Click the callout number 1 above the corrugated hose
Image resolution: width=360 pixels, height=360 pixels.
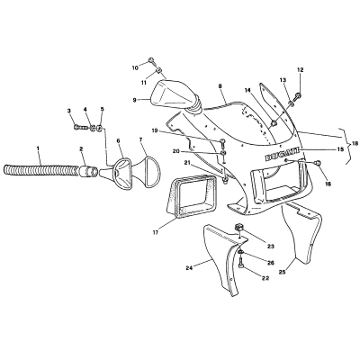[x=38, y=148]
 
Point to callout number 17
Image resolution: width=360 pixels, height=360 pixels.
[x=157, y=232]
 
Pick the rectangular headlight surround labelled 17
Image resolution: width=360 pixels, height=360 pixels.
[x=191, y=196]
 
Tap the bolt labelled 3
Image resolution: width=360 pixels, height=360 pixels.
[x=81, y=128]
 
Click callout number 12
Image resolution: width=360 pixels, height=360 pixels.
[x=301, y=70]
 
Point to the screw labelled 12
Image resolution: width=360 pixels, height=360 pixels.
[x=298, y=96]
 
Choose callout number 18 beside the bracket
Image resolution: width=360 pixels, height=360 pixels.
[x=355, y=144]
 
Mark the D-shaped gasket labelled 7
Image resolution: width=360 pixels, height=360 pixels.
[x=148, y=171]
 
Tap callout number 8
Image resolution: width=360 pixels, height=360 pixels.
[x=220, y=86]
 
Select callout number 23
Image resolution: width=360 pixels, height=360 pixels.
[x=271, y=238]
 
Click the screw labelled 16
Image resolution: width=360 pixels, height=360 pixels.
[x=319, y=163]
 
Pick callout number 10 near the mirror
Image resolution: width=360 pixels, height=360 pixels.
[x=135, y=67]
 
